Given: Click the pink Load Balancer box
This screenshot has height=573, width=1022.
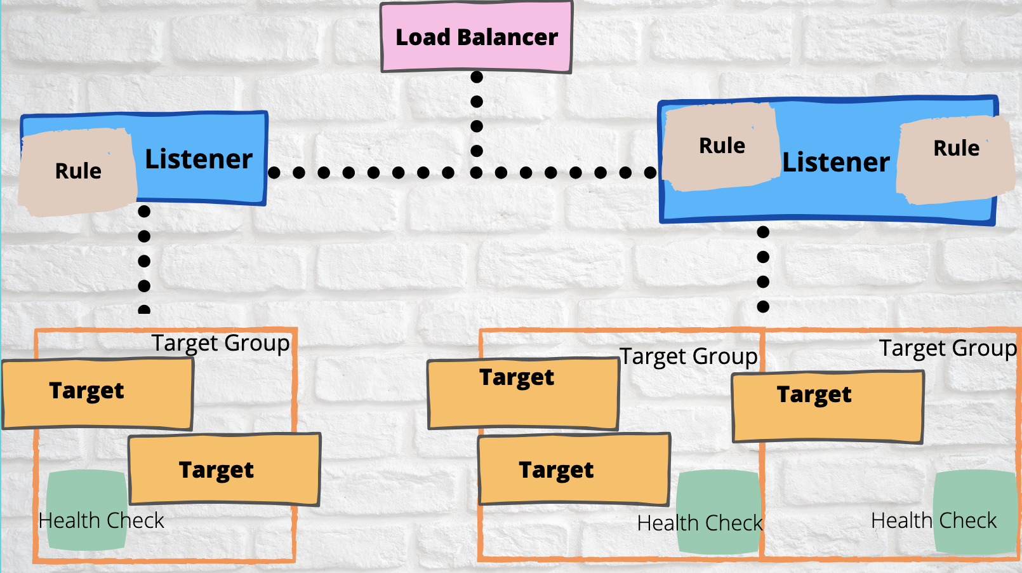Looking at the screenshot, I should point(476,37).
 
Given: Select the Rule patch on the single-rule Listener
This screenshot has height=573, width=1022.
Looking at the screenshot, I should point(77,171).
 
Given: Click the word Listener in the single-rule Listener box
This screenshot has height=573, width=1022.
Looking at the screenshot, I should point(199,159).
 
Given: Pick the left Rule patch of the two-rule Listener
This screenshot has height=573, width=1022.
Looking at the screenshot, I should point(722,146).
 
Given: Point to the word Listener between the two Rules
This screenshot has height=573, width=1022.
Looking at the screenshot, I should point(835,163).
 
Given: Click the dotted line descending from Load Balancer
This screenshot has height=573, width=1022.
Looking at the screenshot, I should point(477,114).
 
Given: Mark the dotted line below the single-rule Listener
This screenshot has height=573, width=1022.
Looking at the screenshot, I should point(144,260).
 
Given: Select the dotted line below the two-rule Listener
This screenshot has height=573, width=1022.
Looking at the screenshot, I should point(763,269).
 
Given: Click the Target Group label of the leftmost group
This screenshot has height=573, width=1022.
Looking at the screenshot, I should point(220,343).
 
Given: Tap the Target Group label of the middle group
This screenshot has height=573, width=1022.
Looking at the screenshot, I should point(688,356).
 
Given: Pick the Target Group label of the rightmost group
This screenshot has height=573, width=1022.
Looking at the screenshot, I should point(948,348).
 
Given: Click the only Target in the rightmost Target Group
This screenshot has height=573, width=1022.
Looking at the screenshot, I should point(827,407).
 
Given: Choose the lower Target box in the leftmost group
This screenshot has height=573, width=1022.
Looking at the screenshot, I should point(224,469).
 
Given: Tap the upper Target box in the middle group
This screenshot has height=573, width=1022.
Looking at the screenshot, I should point(523,394).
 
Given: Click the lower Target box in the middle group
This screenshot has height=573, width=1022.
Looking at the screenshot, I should point(573,469).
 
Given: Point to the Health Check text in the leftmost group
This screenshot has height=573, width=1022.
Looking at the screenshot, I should point(101,521).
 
